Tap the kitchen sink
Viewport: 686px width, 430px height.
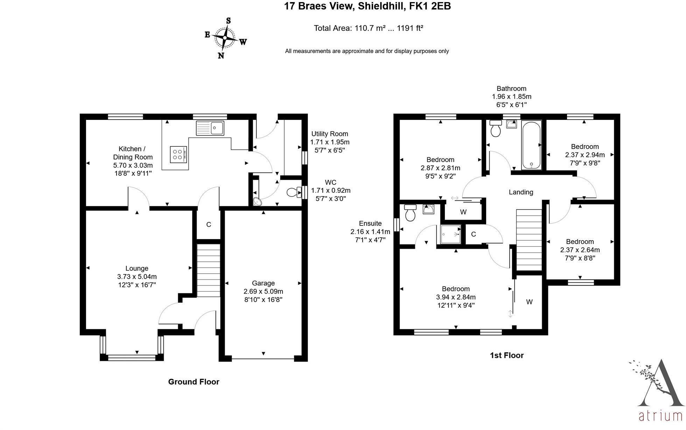(210, 128)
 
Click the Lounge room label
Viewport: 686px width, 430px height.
(137, 268)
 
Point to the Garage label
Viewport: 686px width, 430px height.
(263, 283)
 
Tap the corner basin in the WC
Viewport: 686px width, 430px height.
(257, 202)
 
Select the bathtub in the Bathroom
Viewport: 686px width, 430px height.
(531, 145)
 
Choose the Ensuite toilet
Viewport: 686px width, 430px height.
(410, 213)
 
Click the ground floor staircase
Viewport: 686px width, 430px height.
(209, 270)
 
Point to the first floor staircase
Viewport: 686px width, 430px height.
(529, 240)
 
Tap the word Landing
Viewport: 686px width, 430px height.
(521, 192)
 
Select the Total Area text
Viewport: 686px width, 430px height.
(368, 28)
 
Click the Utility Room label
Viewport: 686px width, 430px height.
(330, 134)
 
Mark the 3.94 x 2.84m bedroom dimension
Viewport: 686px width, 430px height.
(456, 297)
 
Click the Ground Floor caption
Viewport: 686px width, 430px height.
(194, 382)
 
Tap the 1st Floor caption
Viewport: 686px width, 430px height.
(506, 355)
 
